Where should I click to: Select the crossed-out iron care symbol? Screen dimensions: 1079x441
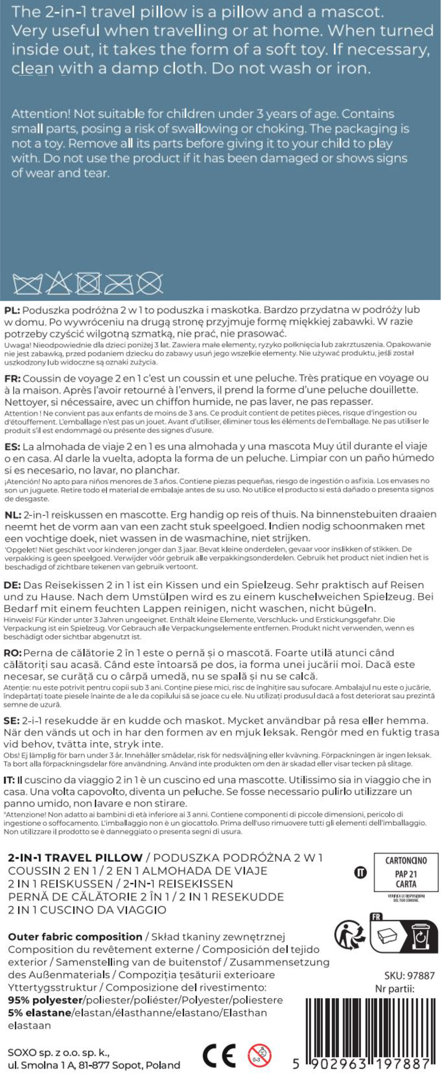tap(118, 284)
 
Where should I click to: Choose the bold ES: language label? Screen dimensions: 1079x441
tap(12, 447)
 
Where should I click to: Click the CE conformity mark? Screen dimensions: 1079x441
tap(219, 1055)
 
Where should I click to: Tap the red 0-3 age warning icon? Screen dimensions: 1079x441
tap(259, 1055)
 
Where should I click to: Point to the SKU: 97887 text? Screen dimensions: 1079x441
tap(409, 976)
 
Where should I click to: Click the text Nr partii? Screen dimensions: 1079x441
tap(395, 989)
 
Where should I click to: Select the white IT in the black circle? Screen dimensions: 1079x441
tap(360, 873)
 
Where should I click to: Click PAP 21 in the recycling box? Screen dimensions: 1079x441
tap(405, 874)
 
